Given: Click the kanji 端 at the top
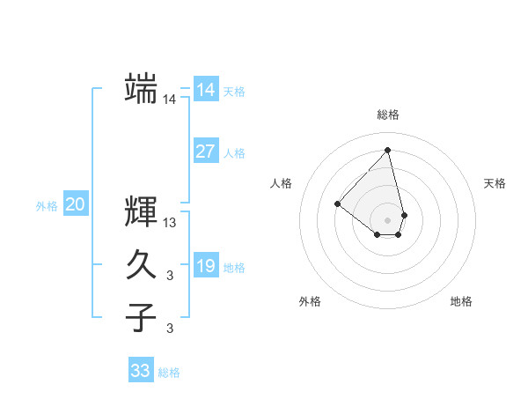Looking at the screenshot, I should [141, 88].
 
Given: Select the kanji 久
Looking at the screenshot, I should [141, 264].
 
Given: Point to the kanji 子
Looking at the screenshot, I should [141, 317].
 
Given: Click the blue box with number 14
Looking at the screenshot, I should [205, 90].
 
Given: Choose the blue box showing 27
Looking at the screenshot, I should [205, 152].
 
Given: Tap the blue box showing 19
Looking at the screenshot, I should [205, 266].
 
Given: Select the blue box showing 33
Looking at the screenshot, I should [140, 371].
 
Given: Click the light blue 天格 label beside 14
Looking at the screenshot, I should [234, 92].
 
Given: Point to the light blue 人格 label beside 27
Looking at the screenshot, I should [234, 153].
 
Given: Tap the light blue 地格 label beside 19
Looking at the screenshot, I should [234, 268].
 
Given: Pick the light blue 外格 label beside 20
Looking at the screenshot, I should [47, 206].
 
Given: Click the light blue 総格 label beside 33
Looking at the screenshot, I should [169, 373].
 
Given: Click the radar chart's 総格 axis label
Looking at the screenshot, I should [387, 115].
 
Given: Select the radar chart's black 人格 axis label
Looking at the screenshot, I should [282, 183].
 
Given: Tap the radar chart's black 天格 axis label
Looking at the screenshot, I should [495, 183].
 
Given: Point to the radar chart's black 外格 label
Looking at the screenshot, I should [310, 301].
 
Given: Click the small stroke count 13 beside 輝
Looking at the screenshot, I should [170, 223].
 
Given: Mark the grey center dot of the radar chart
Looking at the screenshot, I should [387, 219].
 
